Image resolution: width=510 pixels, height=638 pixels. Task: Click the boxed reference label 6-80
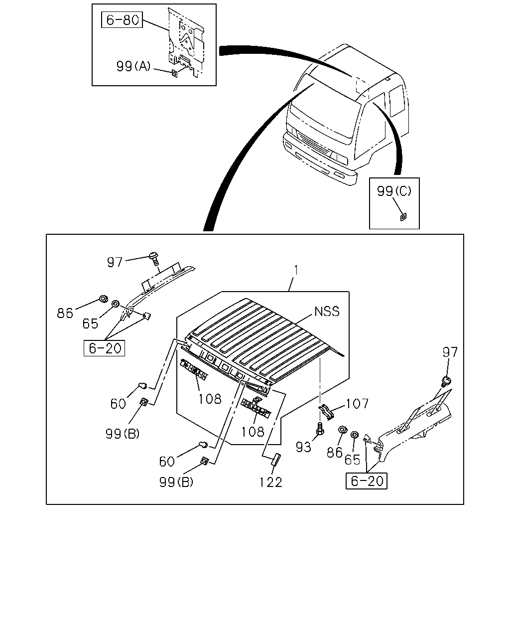[122, 20]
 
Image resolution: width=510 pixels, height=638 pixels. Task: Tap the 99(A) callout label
[133, 66]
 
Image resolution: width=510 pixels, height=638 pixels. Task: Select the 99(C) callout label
[394, 191]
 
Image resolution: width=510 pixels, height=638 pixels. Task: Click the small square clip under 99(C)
[403, 217]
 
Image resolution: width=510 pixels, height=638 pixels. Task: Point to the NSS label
[327, 312]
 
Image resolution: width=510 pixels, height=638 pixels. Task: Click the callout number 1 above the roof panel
[296, 270]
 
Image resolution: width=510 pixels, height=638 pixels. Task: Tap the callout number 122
[271, 482]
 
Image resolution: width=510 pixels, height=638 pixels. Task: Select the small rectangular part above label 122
[276, 460]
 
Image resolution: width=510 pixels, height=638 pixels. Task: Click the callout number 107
[357, 404]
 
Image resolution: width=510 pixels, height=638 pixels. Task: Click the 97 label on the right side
[450, 352]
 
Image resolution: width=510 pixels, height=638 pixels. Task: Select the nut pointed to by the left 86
[104, 299]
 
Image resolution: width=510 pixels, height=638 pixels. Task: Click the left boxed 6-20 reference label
[104, 348]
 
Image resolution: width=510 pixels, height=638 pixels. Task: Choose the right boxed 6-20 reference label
[367, 481]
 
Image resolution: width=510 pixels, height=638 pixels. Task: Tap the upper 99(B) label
[123, 434]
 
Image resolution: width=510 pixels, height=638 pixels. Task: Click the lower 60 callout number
[167, 462]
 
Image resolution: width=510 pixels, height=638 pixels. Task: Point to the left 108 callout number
[210, 399]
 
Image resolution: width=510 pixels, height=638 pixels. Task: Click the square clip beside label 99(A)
[175, 73]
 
